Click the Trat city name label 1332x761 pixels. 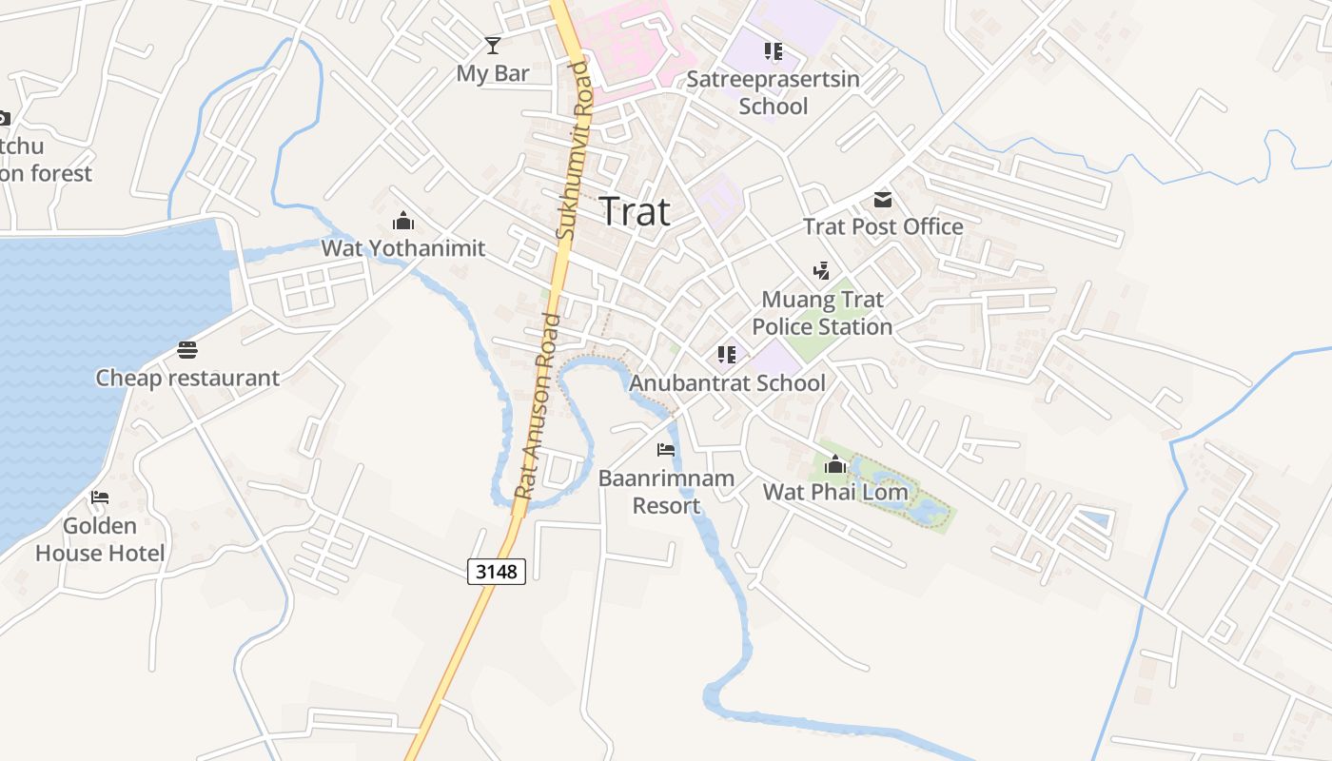(635, 211)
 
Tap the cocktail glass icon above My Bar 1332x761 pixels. (492, 45)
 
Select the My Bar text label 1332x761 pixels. (493, 73)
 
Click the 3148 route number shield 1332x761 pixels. (497, 571)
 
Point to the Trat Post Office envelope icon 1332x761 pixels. (883, 200)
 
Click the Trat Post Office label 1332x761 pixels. (883, 226)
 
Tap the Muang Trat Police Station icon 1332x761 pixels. (821, 271)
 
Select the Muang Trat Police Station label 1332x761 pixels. (822, 313)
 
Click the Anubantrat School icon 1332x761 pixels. (727, 355)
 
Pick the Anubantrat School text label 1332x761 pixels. (727, 382)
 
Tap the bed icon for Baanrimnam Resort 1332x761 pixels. (666, 449)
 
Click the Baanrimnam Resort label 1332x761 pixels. (666, 491)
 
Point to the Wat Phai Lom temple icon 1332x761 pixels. (835, 464)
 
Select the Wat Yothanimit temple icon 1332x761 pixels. (403, 222)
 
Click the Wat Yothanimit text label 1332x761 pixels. (403, 248)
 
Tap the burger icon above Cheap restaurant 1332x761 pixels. (187, 350)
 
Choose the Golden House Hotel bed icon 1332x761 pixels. (100, 498)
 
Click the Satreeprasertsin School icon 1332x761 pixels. (773, 51)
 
